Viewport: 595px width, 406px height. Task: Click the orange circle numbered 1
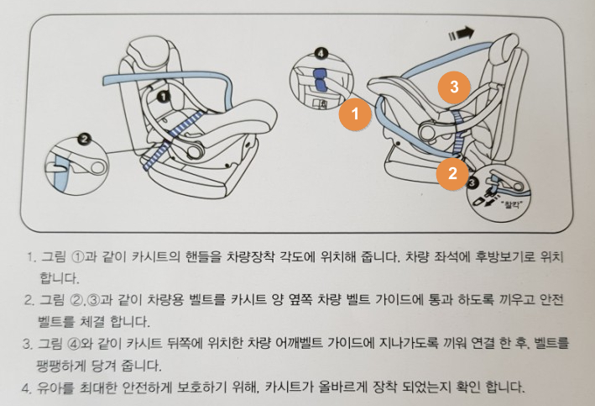click(355, 113)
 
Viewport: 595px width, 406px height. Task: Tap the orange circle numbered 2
click(452, 173)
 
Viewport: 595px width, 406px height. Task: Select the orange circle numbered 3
click(454, 87)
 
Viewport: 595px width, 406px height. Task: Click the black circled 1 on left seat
click(163, 98)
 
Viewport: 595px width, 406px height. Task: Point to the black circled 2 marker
click(84, 139)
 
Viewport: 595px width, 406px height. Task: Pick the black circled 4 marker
click(321, 54)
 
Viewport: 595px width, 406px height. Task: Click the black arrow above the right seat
click(461, 34)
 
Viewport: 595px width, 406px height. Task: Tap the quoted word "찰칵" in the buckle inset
click(512, 205)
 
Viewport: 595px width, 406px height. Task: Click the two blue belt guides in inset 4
click(321, 80)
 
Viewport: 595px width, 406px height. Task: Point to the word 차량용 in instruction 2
click(166, 300)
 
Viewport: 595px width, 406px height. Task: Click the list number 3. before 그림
click(28, 344)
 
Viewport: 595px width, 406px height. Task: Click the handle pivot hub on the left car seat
click(195, 151)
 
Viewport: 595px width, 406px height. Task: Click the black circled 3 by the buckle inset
click(472, 183)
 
